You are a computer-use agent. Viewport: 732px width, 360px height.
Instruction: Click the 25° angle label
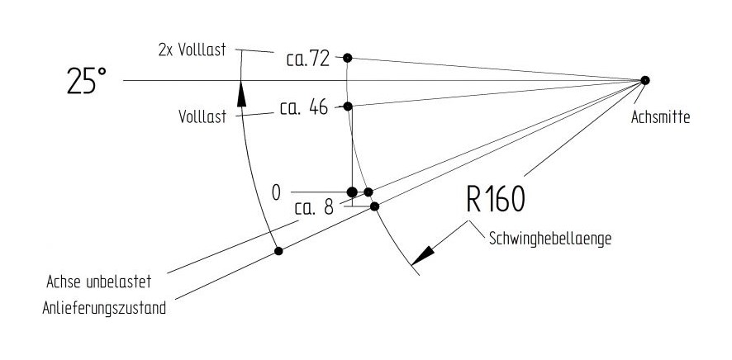pos(87,81)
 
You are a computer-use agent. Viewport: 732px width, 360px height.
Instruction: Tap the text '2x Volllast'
pos(193,50)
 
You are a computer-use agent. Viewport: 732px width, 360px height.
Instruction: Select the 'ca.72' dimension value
pos(308,59)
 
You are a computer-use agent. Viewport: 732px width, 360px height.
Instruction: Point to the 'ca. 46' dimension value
pos(304,107)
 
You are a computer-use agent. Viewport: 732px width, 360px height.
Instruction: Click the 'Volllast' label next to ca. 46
pos(202,116)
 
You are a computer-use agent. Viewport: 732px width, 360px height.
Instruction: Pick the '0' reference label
pos(277,192)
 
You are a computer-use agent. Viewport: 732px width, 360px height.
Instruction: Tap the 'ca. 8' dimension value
pos(314,208)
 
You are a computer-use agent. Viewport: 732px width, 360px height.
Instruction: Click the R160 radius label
pos(496,199)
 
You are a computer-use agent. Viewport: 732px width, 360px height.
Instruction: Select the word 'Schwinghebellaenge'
pos(550,239)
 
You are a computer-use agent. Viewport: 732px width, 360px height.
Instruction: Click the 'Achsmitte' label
pos(660,117)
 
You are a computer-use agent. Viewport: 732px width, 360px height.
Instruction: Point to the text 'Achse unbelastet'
pos(99,282)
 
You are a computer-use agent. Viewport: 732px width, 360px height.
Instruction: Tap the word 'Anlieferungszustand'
pos(104,308)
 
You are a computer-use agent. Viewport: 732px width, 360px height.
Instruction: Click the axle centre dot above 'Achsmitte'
pos(644,80)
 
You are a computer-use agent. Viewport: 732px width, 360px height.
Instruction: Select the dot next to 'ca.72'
pos(347,58)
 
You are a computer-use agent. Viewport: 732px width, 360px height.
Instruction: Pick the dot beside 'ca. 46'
pos(348,107)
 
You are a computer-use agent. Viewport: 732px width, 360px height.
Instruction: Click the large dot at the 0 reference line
pos(352,192)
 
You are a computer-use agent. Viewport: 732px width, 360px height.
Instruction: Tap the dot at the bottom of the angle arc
pos(278,251)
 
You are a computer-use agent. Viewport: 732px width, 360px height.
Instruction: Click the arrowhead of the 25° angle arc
pos(241,94)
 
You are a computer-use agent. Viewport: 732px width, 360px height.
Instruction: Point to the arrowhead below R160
pos(423,256)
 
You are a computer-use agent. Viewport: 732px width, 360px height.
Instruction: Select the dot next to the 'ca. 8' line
pos(374,206)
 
